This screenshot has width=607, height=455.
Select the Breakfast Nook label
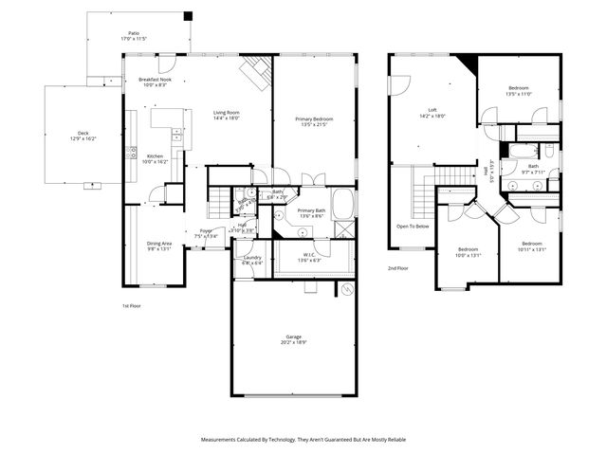pos(154,80)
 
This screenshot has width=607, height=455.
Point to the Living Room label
pos(226,113)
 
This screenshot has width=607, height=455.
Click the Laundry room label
pos(252,257)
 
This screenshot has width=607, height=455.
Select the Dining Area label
pos(158,244)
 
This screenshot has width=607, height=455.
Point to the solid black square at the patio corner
pos(188,15)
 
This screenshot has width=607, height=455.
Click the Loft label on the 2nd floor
pos(432,110)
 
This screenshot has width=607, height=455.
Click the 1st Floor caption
pos(132,305)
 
